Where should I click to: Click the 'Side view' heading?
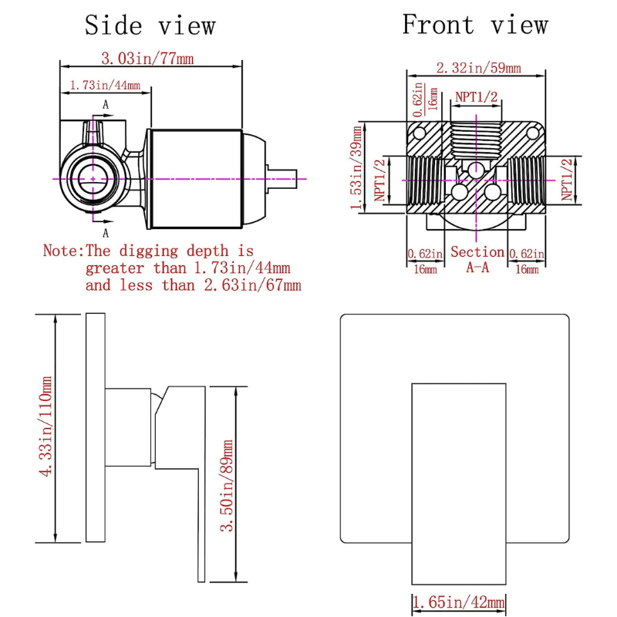pyautogui.click(x=150, y=25)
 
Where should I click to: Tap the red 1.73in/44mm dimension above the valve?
pyautogui.click(x=105, y=86)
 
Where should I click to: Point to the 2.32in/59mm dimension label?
pyautogui.click(x=478, y=68)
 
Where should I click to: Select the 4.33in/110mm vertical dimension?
pyautogui.click(x=46, y=427)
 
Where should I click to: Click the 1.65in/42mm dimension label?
pyautogui.click(x=459, y=602)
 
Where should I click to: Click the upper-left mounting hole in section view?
pyautogui.click(x=419, y=134)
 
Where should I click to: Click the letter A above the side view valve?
pyautogui.click(x=106, y=104)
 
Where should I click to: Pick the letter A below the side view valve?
pyautogui.click(x=106, y=231)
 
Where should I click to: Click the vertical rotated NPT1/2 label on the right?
pyautogui.click(x=568, y=179)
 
